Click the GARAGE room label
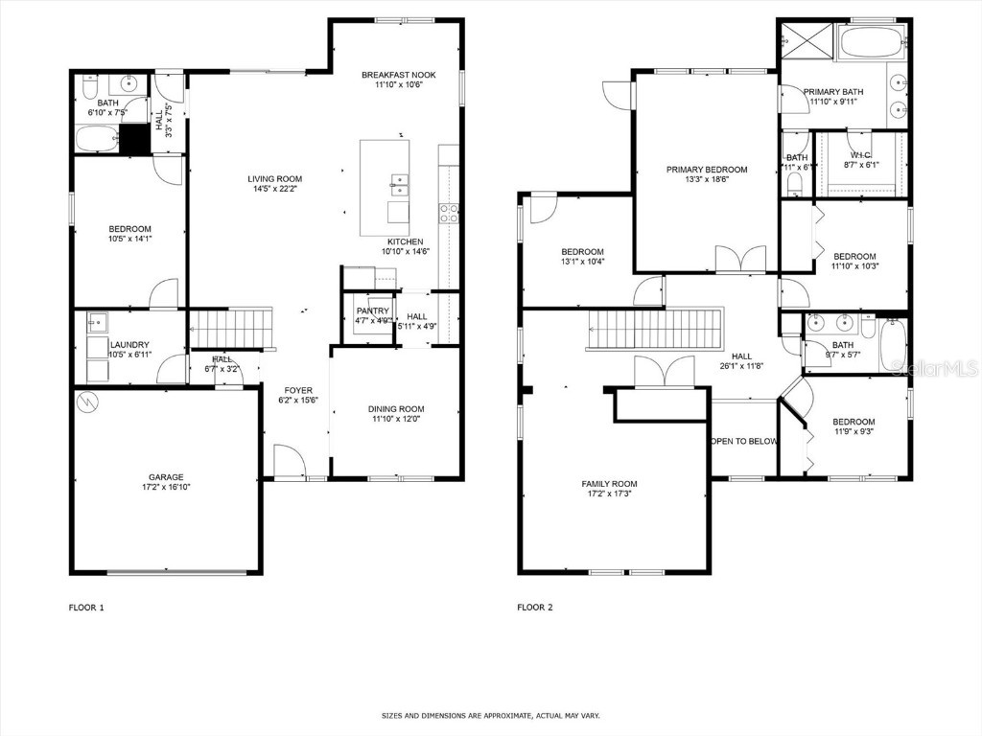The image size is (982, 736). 165,476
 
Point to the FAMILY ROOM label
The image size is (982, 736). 609,484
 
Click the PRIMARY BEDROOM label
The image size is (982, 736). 707,170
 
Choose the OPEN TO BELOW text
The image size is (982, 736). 743,442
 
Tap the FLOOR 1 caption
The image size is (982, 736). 86,607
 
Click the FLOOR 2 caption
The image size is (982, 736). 534,607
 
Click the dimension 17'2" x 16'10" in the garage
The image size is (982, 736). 165,487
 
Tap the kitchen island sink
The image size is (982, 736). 398,186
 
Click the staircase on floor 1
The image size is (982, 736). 230,328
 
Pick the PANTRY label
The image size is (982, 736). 372,311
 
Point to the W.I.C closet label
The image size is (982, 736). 860,154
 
